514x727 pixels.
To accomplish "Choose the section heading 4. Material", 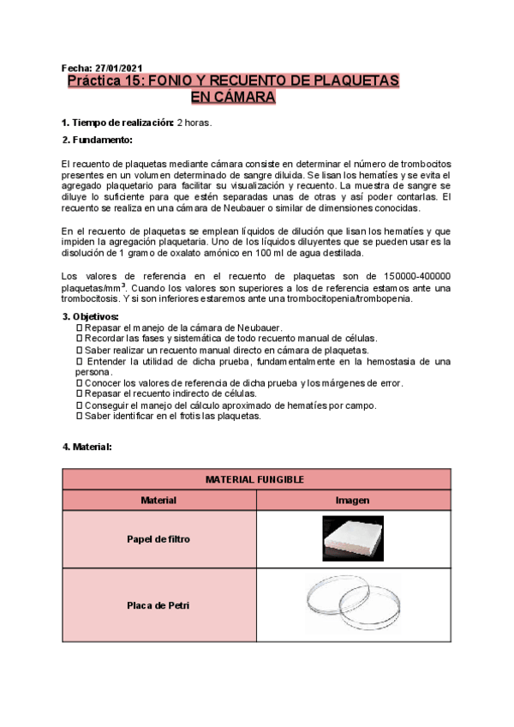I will coord(87,447).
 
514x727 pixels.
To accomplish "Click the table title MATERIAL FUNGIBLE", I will coord(256,479).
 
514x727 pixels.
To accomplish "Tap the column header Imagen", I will coord(353,500).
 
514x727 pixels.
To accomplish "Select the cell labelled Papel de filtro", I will coord(158,539).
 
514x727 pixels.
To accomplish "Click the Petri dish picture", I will coord(353,604).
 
